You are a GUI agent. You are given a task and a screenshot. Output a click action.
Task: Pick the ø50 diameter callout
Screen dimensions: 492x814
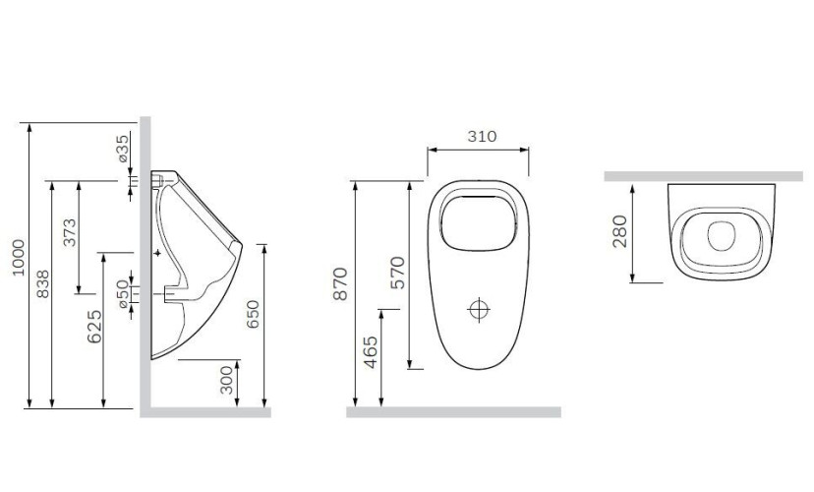123,292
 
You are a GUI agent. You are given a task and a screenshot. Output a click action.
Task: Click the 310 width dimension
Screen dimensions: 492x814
481,137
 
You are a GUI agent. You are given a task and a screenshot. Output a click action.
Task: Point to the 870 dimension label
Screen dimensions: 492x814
341,283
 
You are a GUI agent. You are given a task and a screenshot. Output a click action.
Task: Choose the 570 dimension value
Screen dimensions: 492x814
397,272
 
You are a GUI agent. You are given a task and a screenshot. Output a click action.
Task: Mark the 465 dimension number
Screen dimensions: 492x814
370,351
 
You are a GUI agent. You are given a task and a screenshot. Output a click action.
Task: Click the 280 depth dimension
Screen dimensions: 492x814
619,232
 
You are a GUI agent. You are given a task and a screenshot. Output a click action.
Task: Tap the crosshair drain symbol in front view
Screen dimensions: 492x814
480,309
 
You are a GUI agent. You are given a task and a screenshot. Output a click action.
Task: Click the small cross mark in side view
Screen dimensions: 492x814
157,253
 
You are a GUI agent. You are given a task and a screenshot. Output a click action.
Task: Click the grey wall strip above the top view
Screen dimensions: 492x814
702,176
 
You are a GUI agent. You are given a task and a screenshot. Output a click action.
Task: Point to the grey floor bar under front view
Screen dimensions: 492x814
452,412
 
